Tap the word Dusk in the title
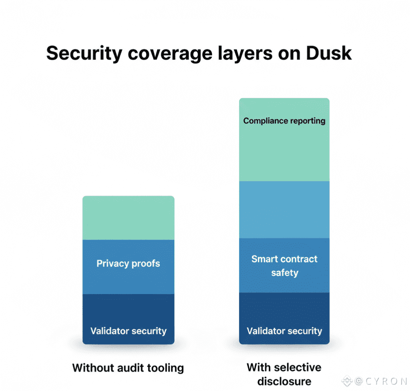tap(329, 53)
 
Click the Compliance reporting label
tap(284, 121)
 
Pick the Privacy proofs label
tap(128, 264)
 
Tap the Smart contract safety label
tap(284, 266)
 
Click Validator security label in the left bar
tap(128, 331)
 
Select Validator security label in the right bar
tap(284, 331)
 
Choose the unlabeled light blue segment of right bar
tap(284, 210)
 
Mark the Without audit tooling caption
tap(128, 368)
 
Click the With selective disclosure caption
tap(284, 374)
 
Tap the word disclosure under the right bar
tap(284, 381)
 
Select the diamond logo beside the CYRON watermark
tap(347, 381)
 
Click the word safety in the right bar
tap(284, 273)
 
